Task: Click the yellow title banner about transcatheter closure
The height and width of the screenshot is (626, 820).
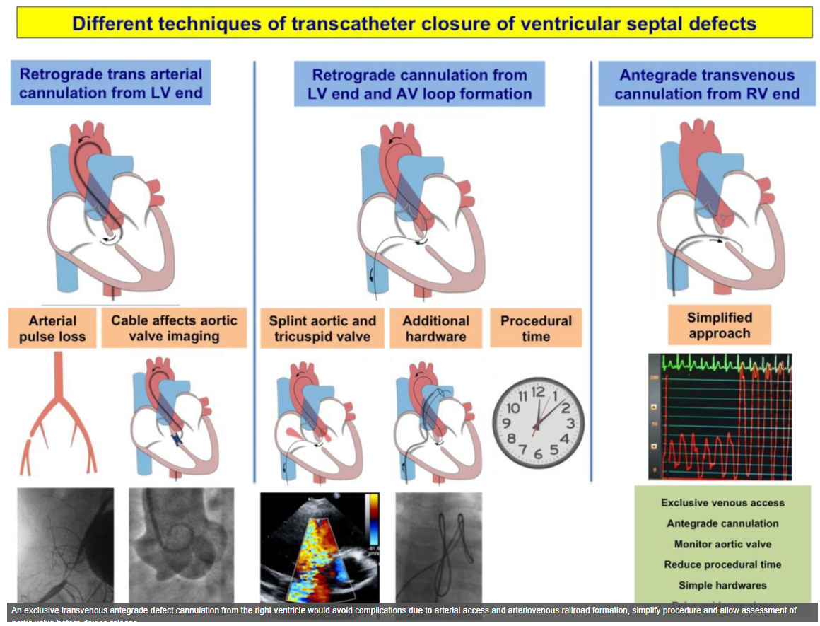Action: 414,23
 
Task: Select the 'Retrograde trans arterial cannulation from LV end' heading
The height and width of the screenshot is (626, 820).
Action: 111,83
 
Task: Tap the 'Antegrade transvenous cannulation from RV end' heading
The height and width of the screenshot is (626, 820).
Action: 707,84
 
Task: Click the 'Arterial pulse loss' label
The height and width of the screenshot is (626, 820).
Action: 52,328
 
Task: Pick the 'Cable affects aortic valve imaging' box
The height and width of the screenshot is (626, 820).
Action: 174,328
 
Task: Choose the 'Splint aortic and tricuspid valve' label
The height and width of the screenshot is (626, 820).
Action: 322,328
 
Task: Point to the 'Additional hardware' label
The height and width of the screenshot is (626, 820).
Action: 435,328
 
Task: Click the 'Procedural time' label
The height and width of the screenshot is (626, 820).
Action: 536,328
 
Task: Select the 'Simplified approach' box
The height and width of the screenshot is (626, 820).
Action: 719,325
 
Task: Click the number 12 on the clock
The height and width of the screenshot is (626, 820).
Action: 539,391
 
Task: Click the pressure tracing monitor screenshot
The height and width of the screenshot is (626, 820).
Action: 720,417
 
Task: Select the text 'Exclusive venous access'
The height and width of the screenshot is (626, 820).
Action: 722,503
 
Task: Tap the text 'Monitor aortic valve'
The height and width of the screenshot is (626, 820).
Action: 722,544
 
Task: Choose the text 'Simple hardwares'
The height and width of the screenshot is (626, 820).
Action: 722,585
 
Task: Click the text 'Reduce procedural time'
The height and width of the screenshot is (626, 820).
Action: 722,564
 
